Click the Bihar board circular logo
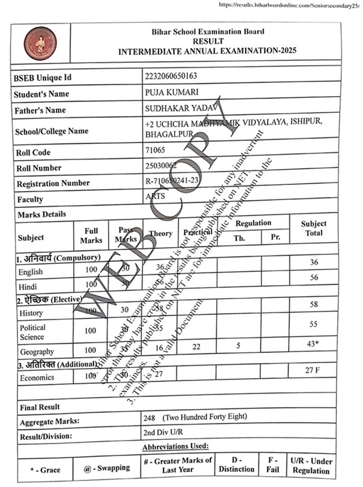[40, 42]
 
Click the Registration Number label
[53, 183]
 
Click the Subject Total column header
[313, 228]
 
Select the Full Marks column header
[91, 235]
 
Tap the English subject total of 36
[313, 262]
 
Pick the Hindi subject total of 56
[313, 277]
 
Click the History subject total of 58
[313, 305]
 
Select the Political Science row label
[32, 332]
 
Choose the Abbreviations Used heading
[175, 447]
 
